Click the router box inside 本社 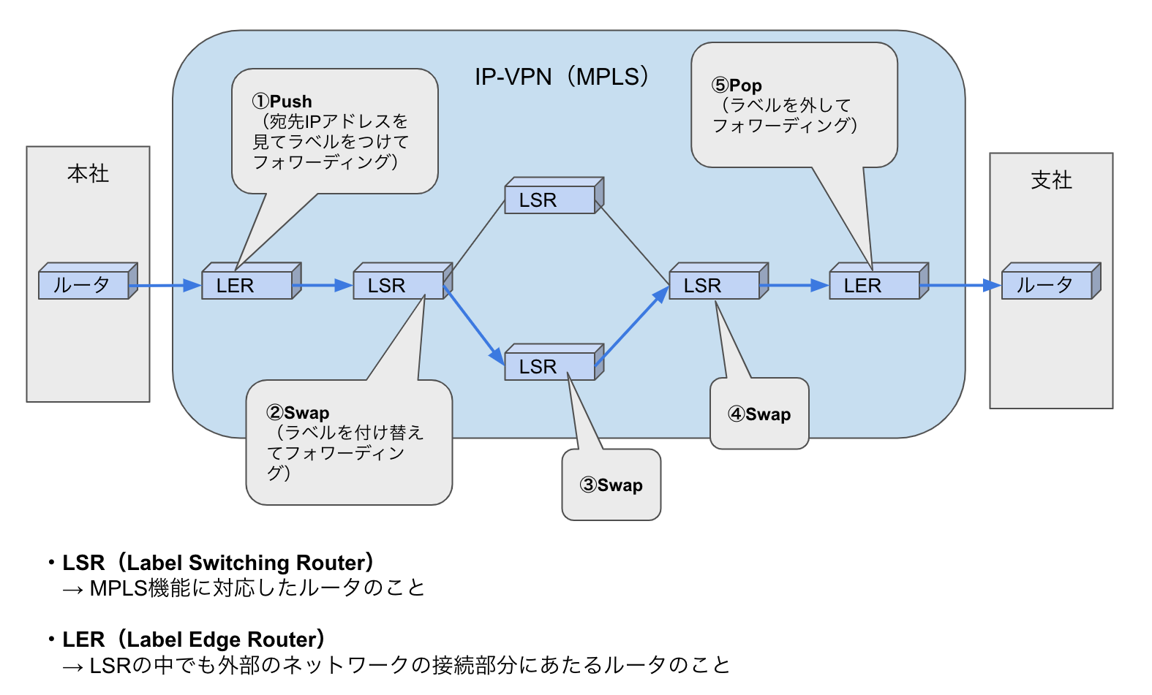tap(84, 285)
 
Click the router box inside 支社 tap(1047, 285)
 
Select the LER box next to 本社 tap(247, 285)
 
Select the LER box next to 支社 tap(875, 285)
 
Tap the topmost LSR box tap(550, 200)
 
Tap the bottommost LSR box tap(550, 366)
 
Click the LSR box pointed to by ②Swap tap(399, 285)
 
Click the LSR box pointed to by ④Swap tap(715, 285)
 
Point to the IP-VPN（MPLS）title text tap(561, 77)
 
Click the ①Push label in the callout tap(282, 101)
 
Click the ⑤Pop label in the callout tap(737, 85)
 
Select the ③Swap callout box tap(611, 485)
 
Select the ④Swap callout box tap(759, 414)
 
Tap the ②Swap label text tap(298, 413)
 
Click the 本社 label tap(88, 173)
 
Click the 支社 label tap(1051, 180)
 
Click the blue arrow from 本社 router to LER tap(168, 286)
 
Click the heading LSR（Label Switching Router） tap(218, 563)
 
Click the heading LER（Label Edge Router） tap(194, 639)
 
